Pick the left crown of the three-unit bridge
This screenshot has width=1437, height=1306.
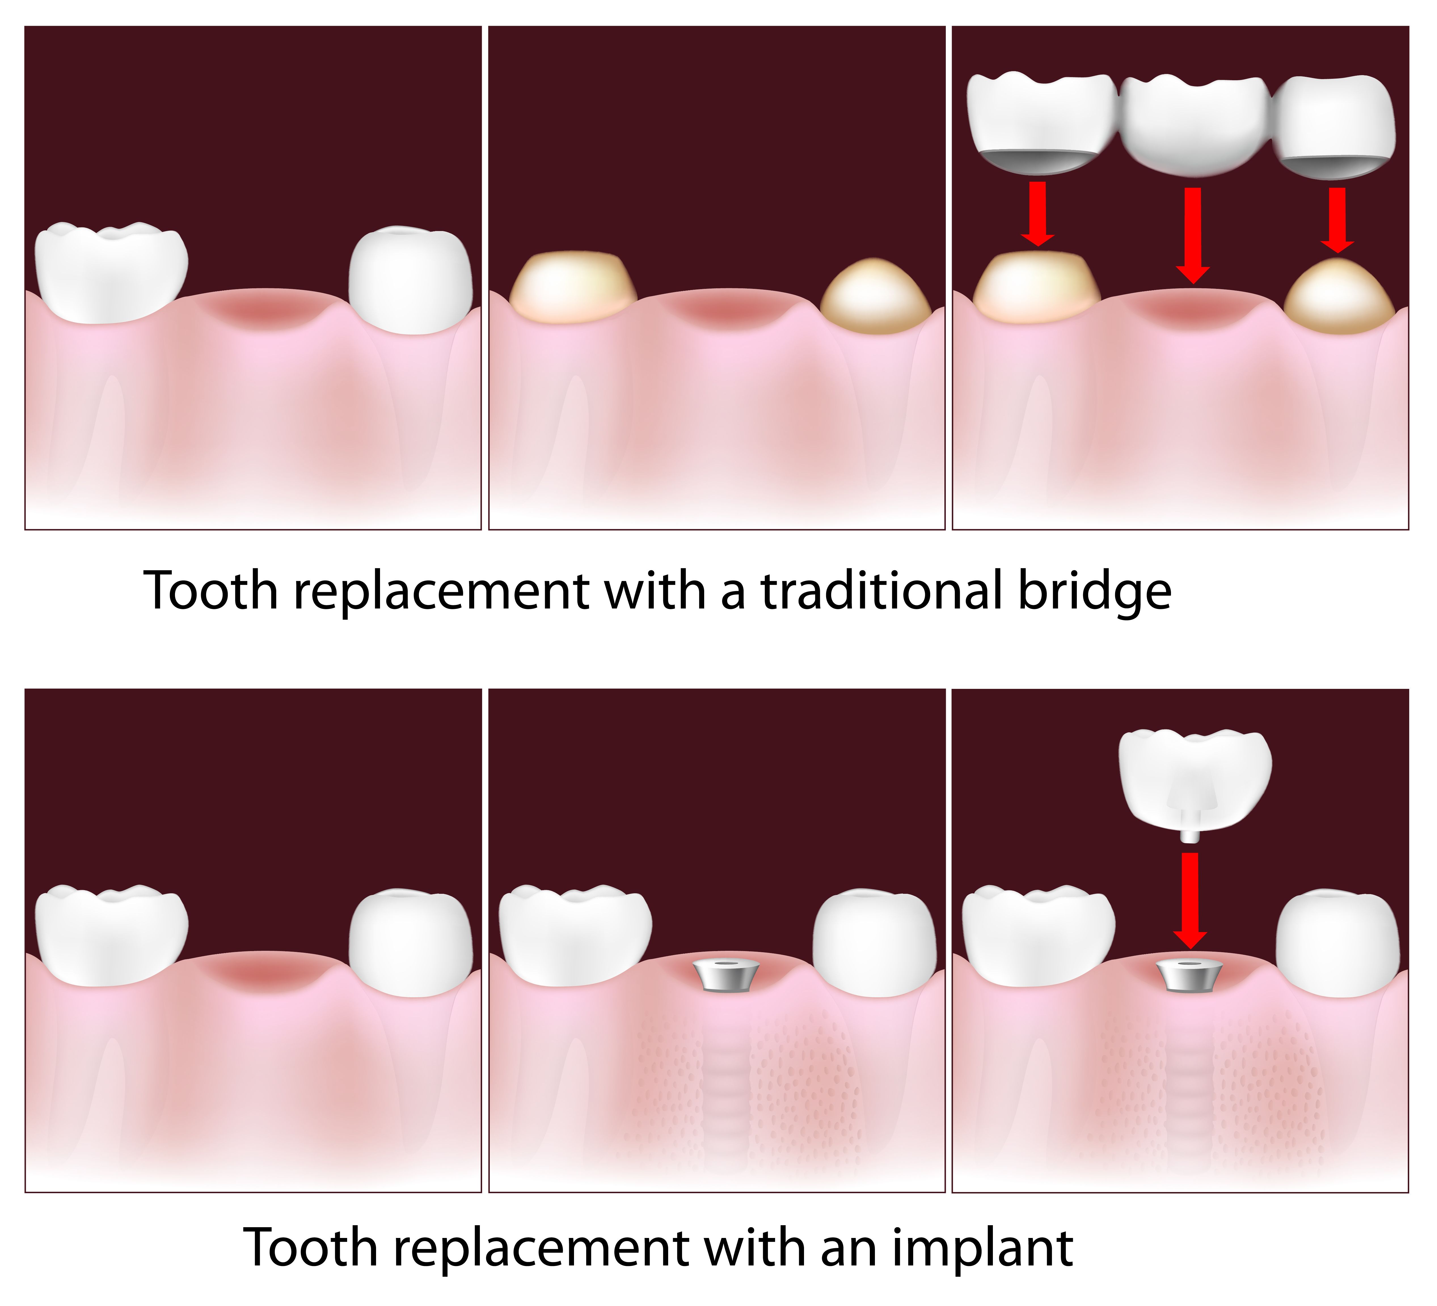point(1041,121)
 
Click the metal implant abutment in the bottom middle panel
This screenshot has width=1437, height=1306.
point(726,974)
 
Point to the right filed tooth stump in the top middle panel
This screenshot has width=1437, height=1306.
point(875,298)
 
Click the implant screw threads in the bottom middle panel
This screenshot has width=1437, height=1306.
point(726,1083)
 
